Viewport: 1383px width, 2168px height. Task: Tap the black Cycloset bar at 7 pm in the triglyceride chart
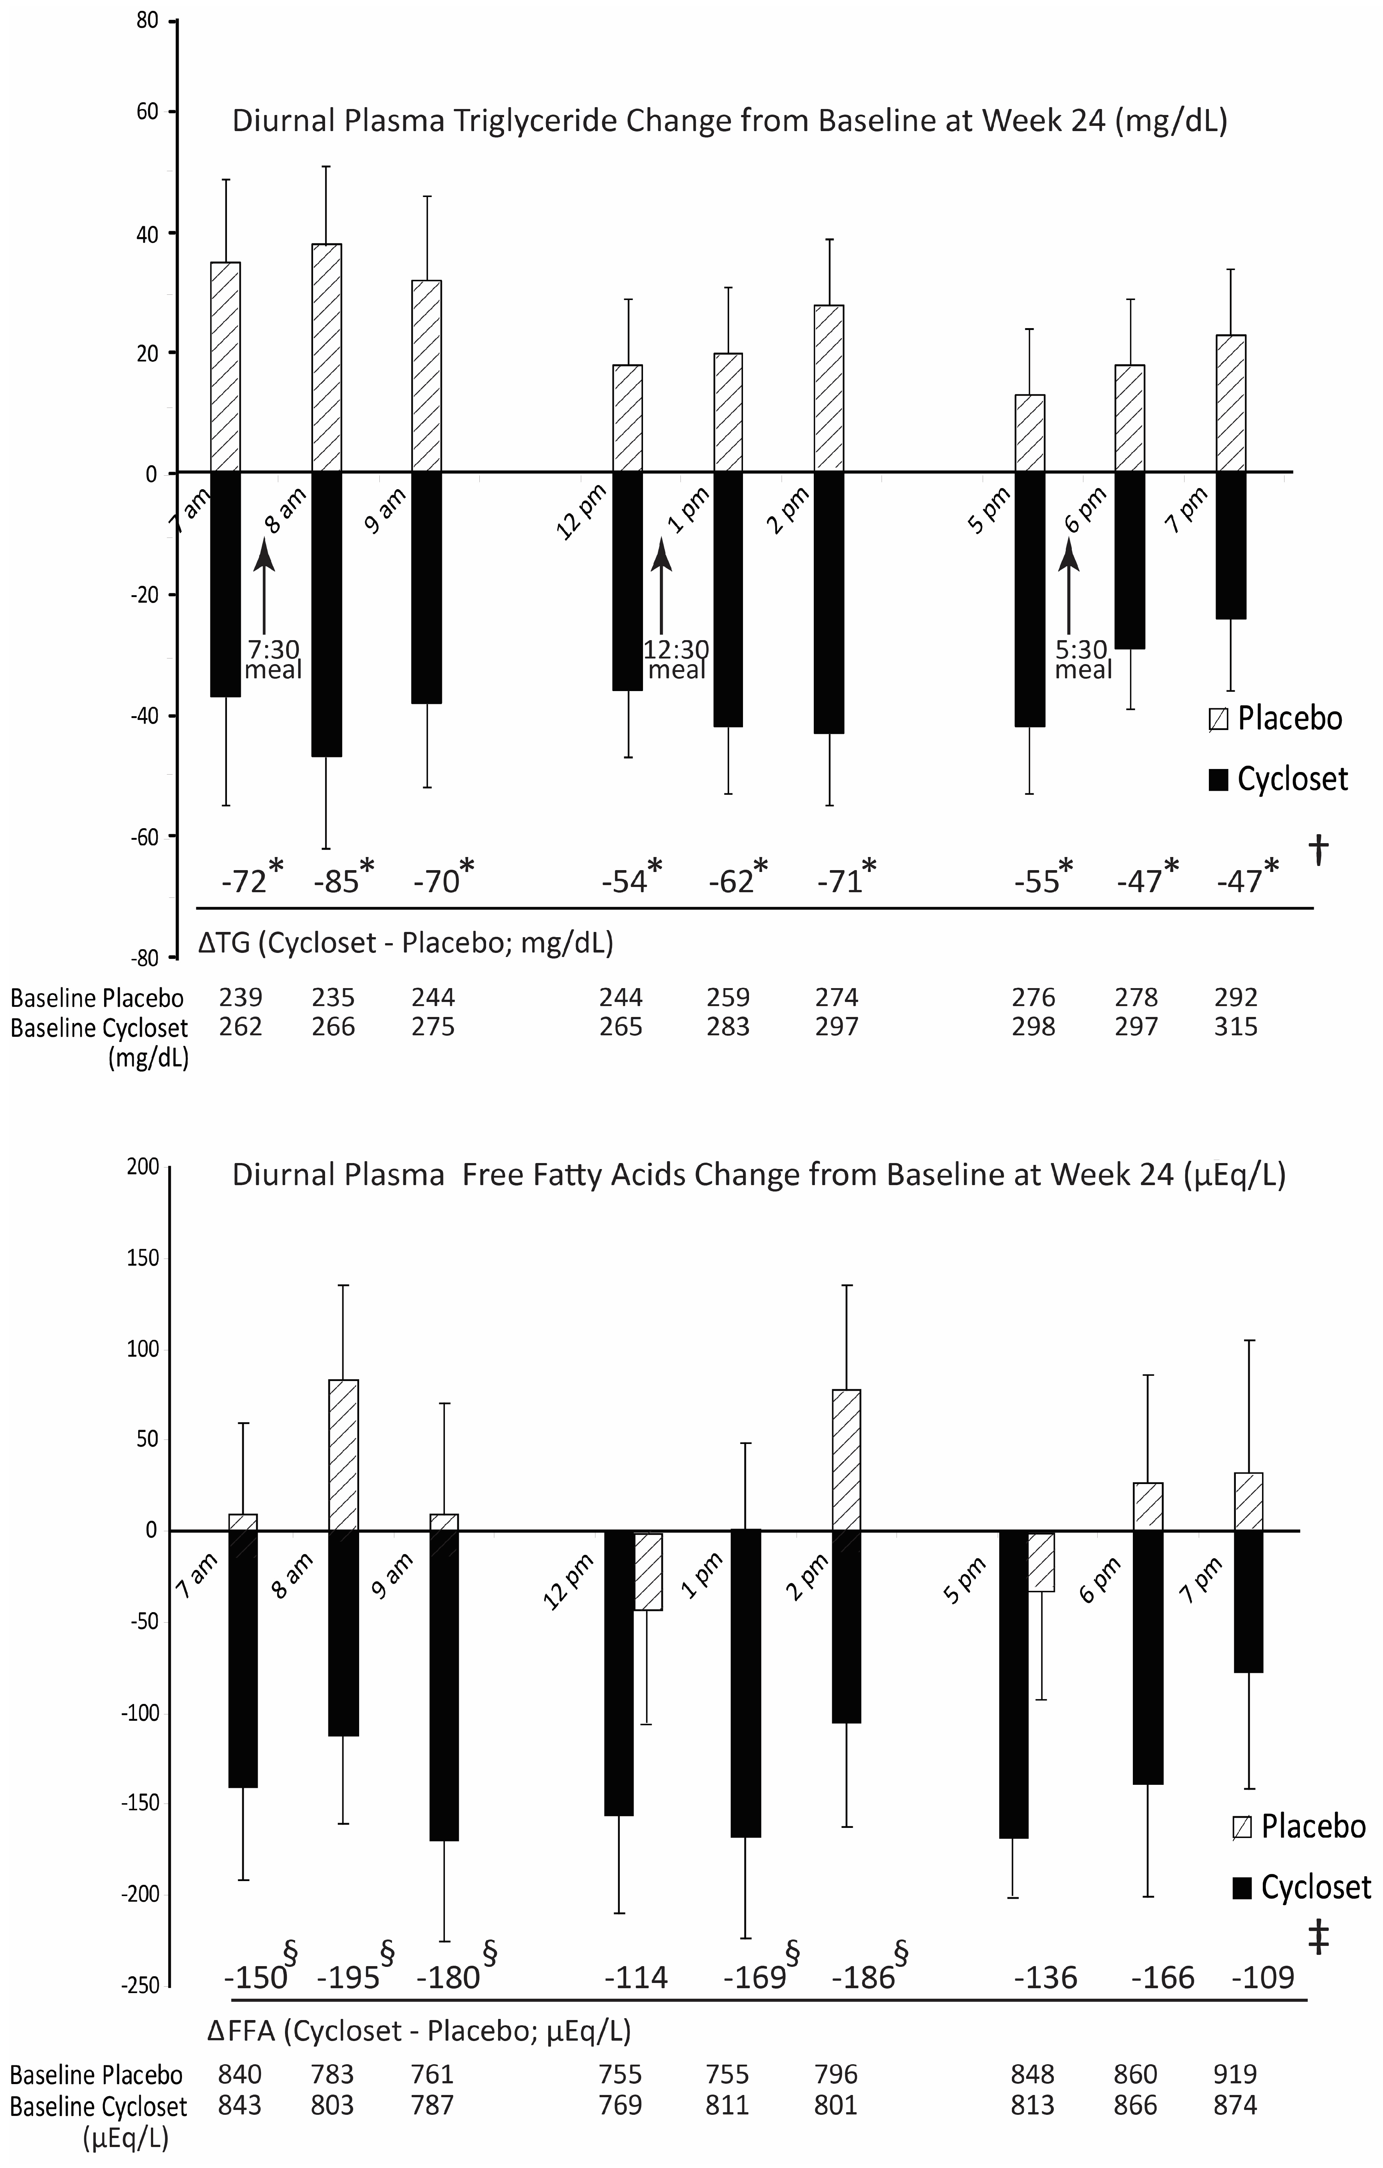1231,545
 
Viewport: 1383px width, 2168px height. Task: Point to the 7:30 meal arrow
264,585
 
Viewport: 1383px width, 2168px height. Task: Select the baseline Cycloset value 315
1235,1026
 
